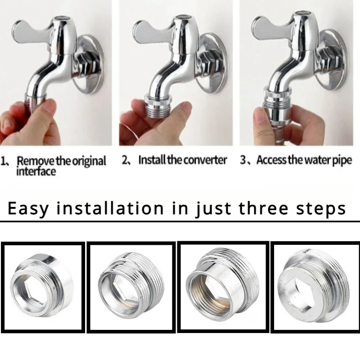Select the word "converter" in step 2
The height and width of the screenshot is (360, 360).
pyautogui.click(x=205, y=160)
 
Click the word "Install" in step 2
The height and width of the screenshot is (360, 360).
pyautogui.click(x=152, y=160)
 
